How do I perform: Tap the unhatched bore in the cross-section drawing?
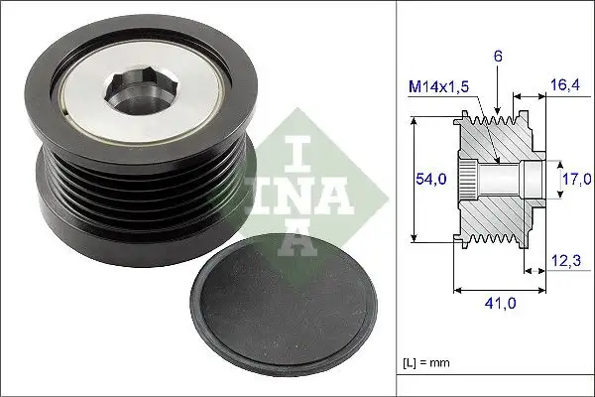(506, 179)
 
